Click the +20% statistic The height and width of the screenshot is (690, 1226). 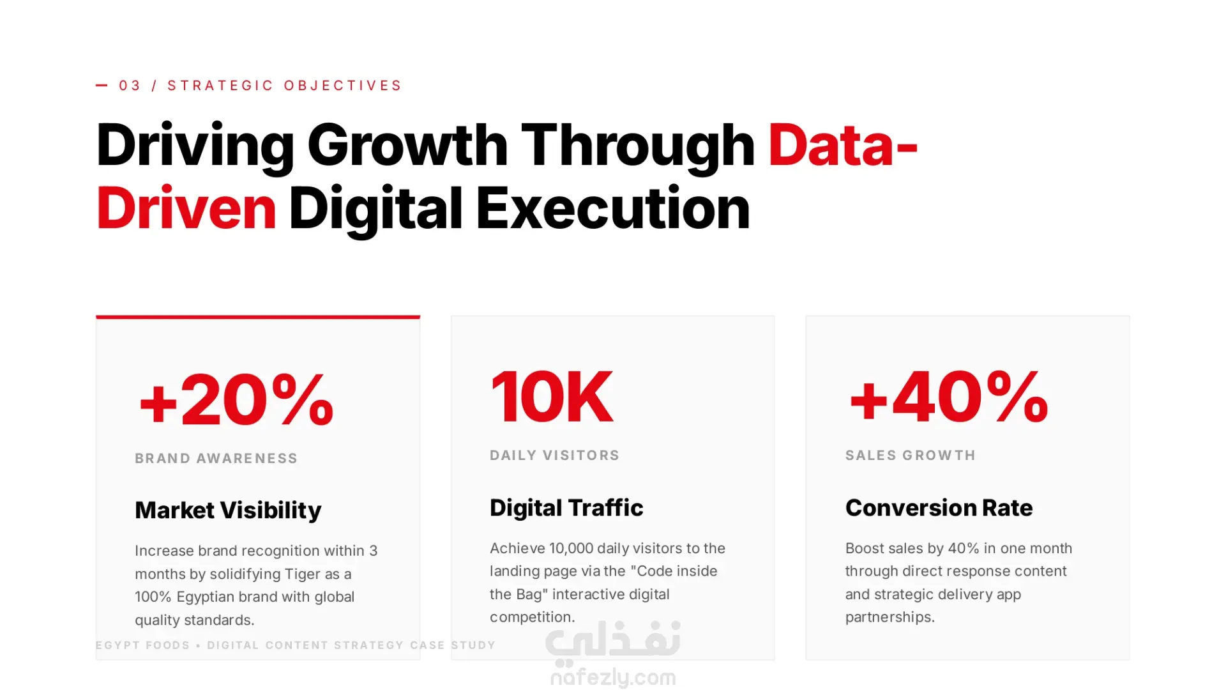coord(236,400)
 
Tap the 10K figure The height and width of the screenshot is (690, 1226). coord(552,397)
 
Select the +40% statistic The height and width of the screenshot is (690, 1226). coord(949,397)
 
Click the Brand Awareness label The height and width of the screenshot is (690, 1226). coord(216,458)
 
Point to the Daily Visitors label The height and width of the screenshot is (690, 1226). coord(555,455)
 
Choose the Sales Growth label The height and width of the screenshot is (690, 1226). coord(911,455)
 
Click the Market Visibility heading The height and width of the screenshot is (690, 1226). coord(228,510)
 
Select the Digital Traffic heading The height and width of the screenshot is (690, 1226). coord(566,508)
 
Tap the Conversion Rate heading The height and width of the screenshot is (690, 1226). coord(939,508)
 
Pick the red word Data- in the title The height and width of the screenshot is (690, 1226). coord(843,145)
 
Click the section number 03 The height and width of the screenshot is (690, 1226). coord(130,86)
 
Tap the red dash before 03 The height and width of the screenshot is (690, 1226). coord(102,85)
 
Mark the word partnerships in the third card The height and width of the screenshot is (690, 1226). coord(889,617)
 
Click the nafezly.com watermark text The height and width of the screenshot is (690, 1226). coord(613,677)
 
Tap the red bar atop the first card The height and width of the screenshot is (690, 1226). coord(258,317)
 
